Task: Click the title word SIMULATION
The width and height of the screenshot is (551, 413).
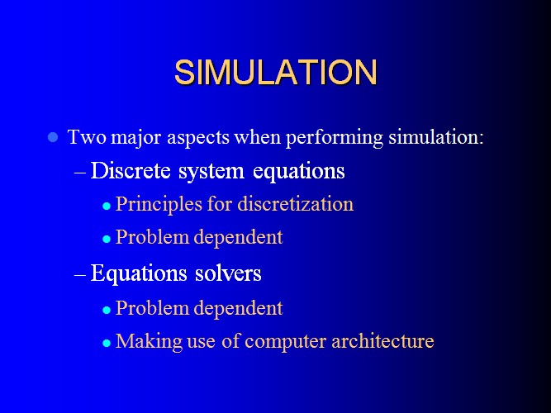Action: click(x=276, y=72)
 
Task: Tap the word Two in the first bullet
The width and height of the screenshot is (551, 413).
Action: click(x=87, y=136)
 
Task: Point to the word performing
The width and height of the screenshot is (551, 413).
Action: click(x=335, y=138)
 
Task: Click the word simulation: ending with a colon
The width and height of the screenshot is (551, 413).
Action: click(x=436, y=136)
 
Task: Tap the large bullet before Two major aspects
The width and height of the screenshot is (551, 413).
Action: click(x=53, y=137)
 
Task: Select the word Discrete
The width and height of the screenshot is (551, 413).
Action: click(x=131, y=171)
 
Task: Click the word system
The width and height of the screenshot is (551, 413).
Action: click(x=211, y=173)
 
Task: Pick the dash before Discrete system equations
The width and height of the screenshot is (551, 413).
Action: click(x=80, y=173)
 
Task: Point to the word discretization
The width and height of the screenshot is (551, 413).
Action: click(x=296, y=203)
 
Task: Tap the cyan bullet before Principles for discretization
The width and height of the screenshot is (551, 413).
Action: click(x=107, y=206)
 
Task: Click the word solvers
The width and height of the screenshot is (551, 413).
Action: click(x=228, y=273)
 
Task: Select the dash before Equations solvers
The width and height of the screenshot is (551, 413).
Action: click(x=80, y=274)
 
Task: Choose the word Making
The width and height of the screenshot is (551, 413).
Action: click(x=149, y=342)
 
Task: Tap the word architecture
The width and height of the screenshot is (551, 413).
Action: click(x=382, y=340)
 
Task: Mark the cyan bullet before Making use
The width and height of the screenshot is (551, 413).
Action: click(x=107, y=343)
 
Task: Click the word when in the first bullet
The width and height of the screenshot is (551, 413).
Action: click(x=258, y=136)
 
